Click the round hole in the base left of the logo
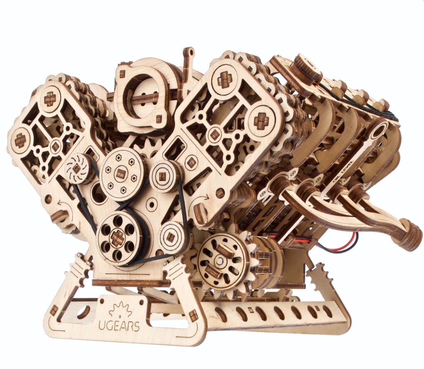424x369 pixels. tap(85, 312)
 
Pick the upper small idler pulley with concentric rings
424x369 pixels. tap(165, 176)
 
